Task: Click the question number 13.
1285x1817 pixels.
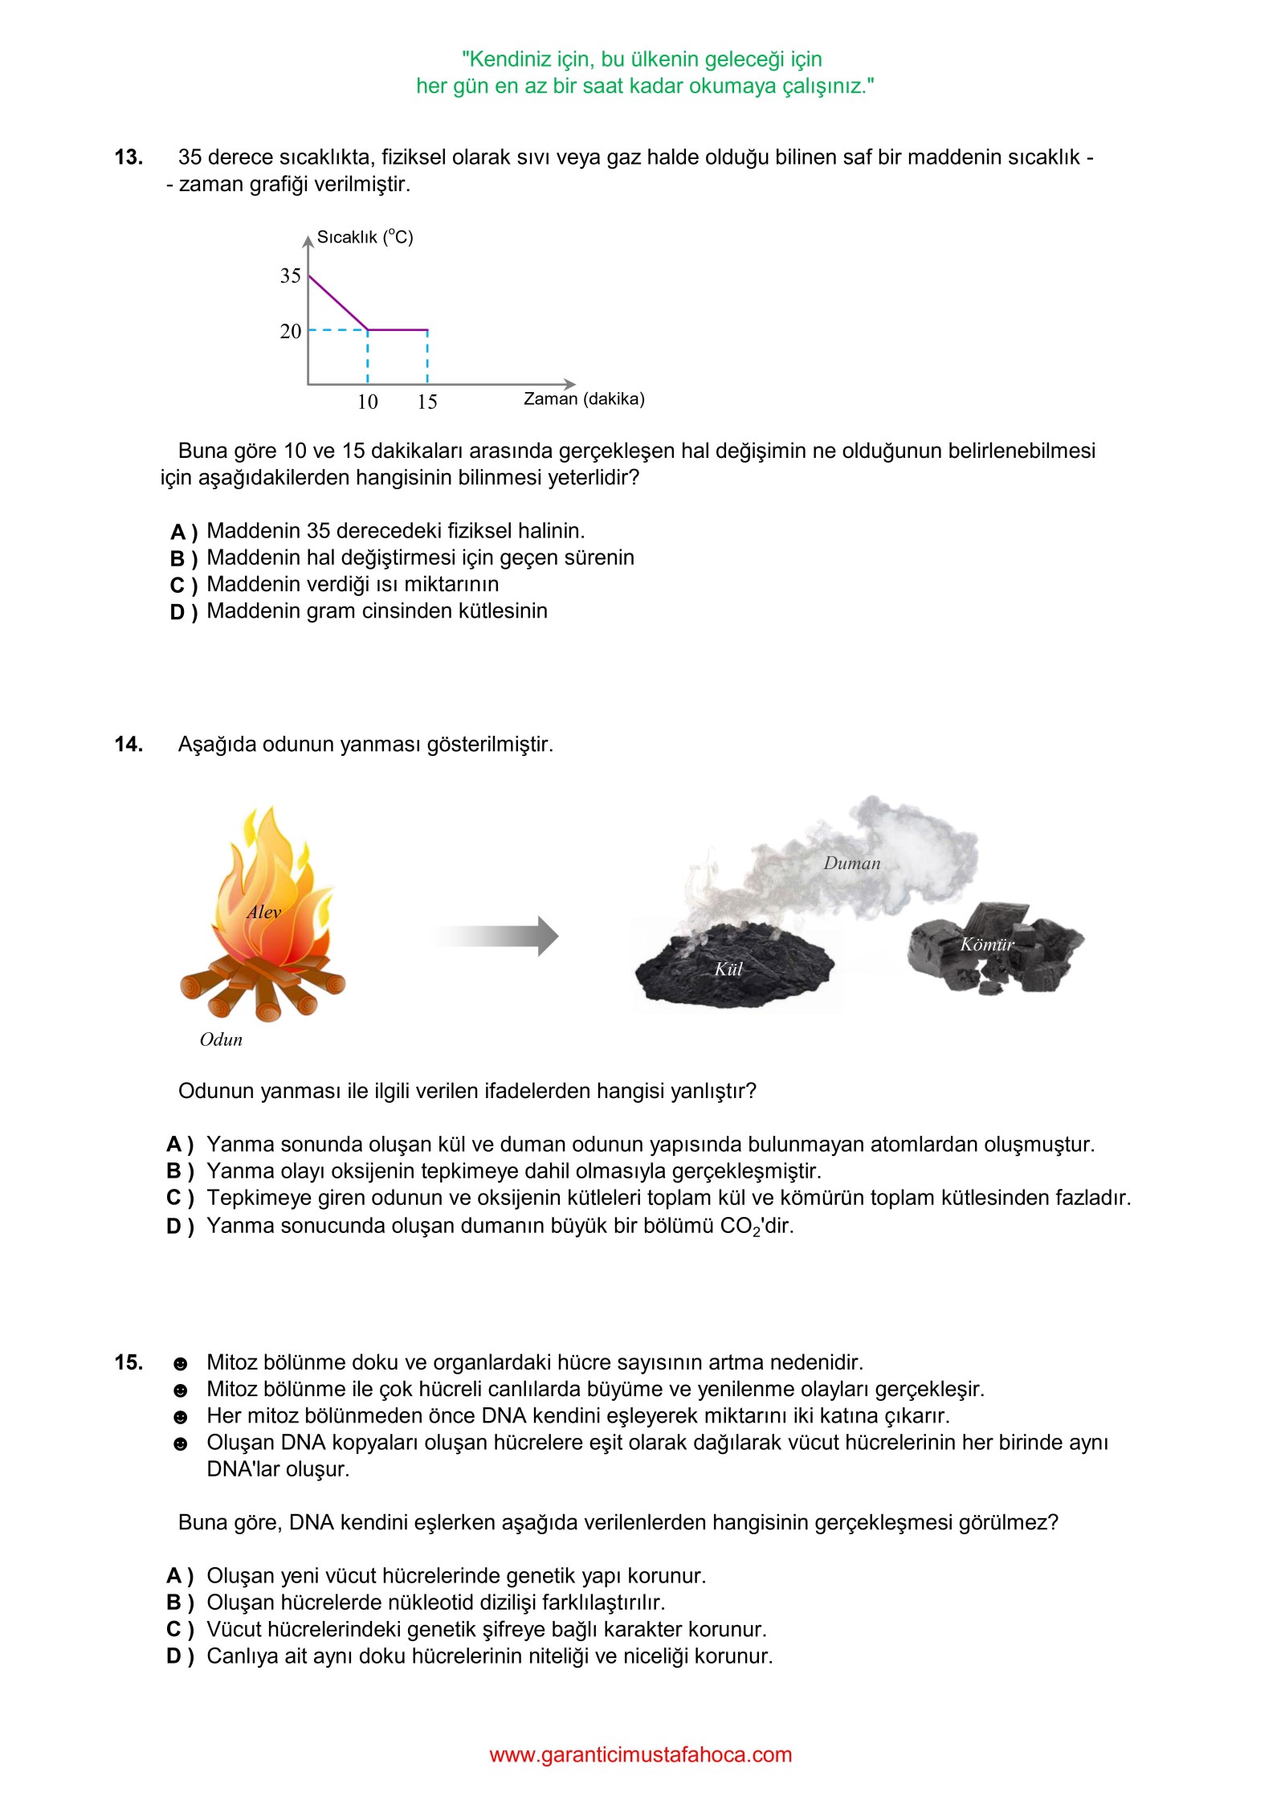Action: (128, 157)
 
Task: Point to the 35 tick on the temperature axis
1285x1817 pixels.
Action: (290, 276)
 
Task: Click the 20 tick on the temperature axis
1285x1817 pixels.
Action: (290, 331)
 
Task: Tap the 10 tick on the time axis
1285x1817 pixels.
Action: (367, 402)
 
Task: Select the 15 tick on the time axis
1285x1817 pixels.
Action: (426, 402)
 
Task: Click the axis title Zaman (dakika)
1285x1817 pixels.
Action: (584, 399)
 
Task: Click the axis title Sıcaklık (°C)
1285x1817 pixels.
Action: (365, 237)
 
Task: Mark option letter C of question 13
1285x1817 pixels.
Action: (177, 586)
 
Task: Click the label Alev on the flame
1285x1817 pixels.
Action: (263, 913)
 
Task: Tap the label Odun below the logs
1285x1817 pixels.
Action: (221, 1039)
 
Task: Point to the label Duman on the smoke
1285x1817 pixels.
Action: (852, 864)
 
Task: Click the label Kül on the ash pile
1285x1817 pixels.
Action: (728, 969)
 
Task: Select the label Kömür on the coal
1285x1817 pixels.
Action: (987, 945)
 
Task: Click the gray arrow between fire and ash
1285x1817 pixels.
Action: (498, 936)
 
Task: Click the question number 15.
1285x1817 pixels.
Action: (128, 1362)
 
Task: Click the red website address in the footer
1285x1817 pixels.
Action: (640, 1755)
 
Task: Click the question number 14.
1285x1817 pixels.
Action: (128, 745)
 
